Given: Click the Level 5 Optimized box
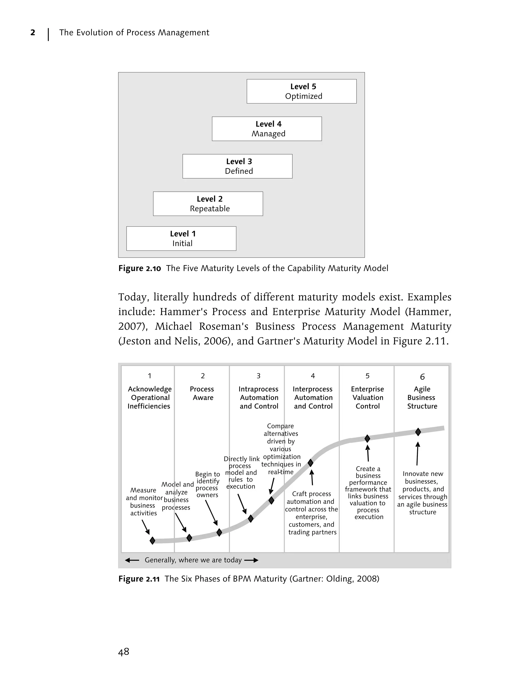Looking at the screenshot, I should [301, 91].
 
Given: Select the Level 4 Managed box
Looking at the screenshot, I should [267, 129].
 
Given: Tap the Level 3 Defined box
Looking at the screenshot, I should [237, 166].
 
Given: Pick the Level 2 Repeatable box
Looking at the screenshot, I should [208, 204].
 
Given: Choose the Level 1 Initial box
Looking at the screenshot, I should [181, 239].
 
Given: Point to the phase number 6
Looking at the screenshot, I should [422, 377].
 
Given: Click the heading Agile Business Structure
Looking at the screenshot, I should [422, 397].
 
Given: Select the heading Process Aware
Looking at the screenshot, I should [202, 393].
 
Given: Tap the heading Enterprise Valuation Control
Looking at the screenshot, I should [367, 397].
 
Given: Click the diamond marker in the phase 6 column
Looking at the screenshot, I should [418, 432].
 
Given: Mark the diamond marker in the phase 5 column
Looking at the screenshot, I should [367, 439].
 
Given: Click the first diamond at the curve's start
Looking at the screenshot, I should [152, 540].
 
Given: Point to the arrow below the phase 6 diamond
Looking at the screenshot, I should [417, 454].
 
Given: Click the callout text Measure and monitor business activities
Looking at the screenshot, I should [144, 501].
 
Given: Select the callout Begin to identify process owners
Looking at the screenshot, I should [207, 485].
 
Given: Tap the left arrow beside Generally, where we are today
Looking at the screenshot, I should [132, 560].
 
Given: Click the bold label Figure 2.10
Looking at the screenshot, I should [139, 268].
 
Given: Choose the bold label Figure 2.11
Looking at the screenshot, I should [139, 579].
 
